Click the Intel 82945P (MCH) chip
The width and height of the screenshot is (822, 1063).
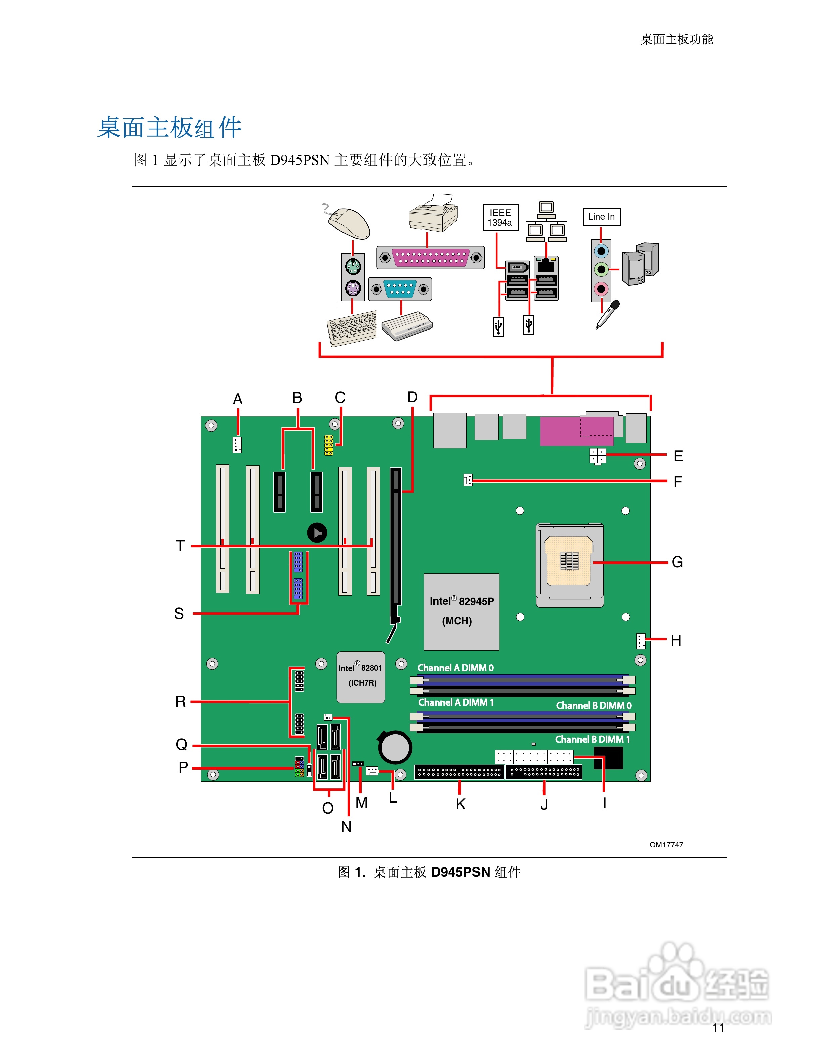pos(461,611)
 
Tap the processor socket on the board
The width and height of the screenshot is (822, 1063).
pos(569,565)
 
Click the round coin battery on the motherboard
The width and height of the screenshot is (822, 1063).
pos(395,747)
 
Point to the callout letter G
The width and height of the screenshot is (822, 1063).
pos(677,562)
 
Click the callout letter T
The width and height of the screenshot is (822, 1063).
pos(180,546)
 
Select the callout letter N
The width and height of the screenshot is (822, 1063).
pos(346,826)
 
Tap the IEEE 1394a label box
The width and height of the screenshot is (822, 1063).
pos(500,217)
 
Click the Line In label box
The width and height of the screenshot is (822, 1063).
pos(601,216)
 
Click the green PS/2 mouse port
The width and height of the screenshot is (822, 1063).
pos(353,267)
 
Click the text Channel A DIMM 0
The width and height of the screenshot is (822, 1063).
pos(455,668)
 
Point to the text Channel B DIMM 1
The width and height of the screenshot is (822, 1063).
pos(592,739)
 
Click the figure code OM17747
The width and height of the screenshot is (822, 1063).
pos(666,845)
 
